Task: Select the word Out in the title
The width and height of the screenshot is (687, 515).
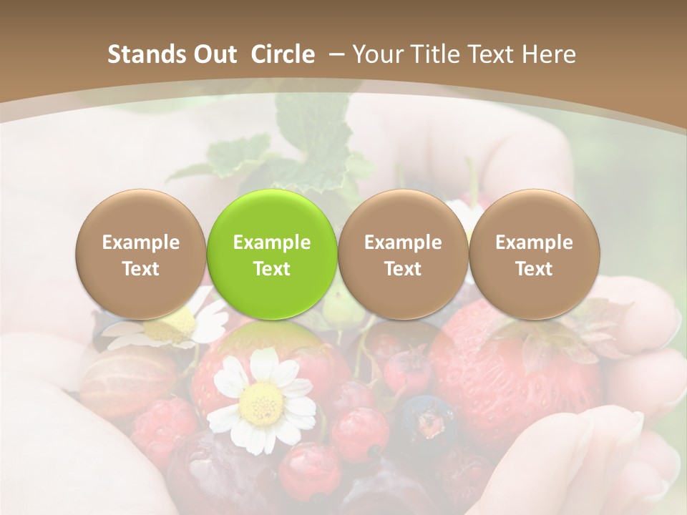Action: (208, 54)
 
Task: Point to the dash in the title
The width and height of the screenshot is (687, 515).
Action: (333, 54)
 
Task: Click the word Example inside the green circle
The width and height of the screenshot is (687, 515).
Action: (272, 242)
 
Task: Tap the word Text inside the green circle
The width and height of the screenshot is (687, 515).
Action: (272, 269)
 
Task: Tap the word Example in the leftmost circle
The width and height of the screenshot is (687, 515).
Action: (141, 242)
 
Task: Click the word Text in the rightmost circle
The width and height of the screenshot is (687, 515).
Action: (534, 269)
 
